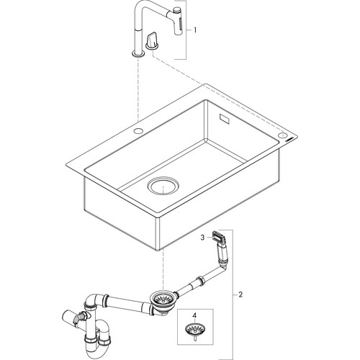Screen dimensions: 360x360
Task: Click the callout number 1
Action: point(195,30)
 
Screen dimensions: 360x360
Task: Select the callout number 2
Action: point(240,294)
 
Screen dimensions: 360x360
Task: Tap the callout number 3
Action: point(202,238)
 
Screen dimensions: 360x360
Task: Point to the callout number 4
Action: point(194,315)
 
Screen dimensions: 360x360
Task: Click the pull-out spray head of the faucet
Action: point(178,22)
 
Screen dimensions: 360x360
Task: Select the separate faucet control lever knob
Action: point(151,41)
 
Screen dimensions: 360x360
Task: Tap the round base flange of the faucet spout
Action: point(138,54)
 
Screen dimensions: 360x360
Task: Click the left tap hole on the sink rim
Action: point(138,131)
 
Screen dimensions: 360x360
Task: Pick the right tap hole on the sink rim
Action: point(282,135)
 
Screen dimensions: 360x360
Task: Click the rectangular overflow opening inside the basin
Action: point(225,119)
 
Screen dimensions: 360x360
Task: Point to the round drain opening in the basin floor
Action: point(163,185)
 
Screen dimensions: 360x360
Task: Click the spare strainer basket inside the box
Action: point(194,328)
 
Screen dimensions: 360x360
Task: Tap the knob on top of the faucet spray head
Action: point(177,10)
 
